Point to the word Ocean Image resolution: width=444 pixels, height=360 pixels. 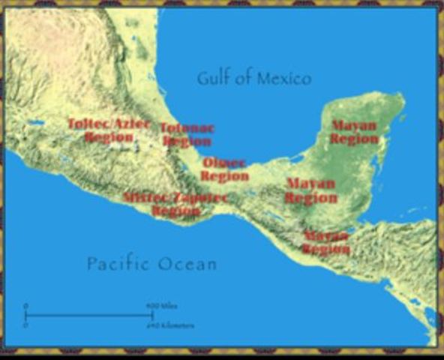pyautogui.click(x=188, y=264)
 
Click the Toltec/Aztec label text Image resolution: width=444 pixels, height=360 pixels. pyautogui.click(x=109, y=124)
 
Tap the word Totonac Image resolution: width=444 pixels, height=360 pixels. pyautogui.click(x=187, y=128)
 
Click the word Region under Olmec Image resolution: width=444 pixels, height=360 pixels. pyautogui.click(x=224, y=176)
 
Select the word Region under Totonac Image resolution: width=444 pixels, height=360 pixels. pyautogui.click(x=187, y=141)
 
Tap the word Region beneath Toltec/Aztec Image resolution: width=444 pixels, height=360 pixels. pyautogui.click(x=109, y=137)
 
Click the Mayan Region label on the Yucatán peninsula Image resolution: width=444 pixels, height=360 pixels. pyautogui.click(x=354, y=132)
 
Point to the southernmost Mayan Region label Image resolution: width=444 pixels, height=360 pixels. pyautogui.click(x=326, y=242)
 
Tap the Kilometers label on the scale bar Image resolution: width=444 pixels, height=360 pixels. pyautogui.click(x=174, y=325)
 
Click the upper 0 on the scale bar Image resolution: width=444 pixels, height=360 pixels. pyautogui.click(x=25, y=306)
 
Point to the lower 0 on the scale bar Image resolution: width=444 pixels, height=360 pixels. pyautogui.click(x=25, y=325)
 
